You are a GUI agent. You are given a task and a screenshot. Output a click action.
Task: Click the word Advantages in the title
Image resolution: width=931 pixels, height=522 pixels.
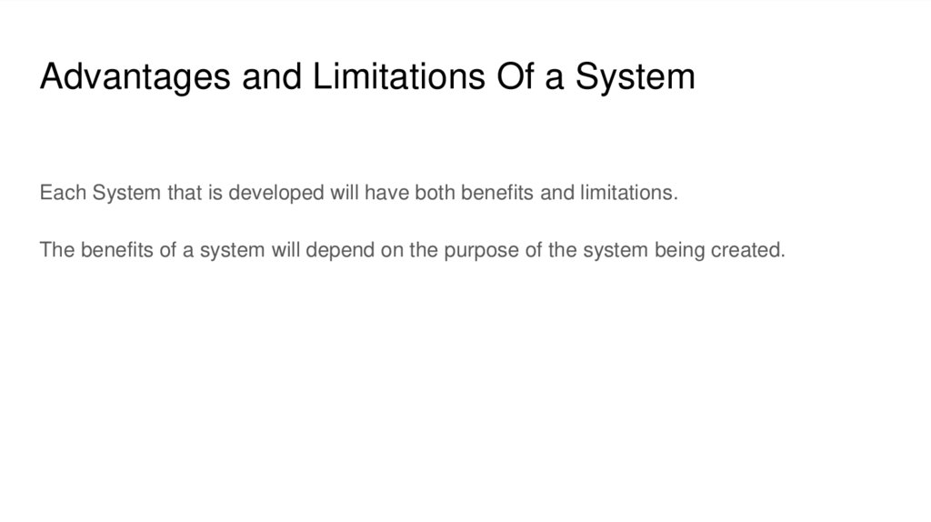point(137,77)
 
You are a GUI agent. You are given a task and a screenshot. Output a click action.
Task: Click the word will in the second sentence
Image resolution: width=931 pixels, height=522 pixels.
point(285,250)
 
